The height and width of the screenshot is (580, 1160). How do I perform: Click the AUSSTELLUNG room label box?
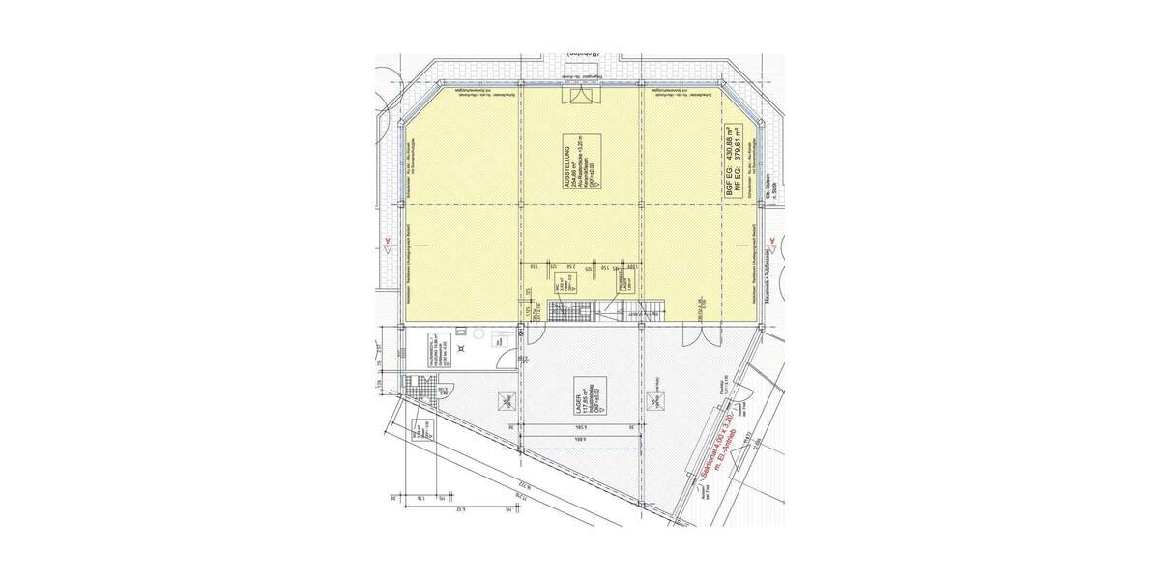tap(583, 162)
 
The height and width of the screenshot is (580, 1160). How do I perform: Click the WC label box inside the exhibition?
tap(561, 281)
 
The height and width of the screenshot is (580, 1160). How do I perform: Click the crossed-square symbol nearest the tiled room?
tap(504, 399)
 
